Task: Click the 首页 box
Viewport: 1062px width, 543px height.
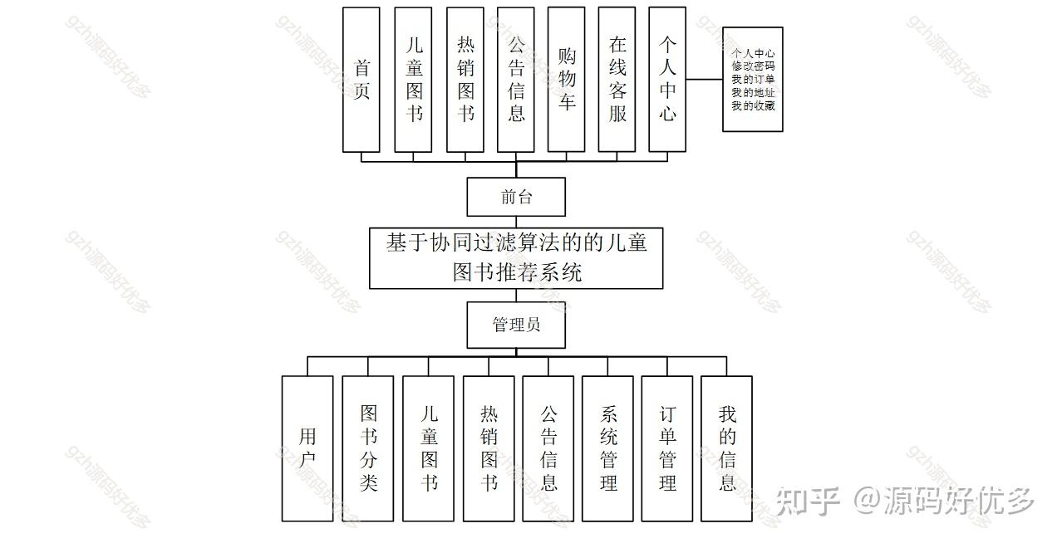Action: coord(361,80)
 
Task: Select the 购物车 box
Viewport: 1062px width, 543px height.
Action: coord(567,80)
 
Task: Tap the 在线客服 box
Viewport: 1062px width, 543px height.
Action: coord(617,80)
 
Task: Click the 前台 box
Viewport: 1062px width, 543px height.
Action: coord(516,198)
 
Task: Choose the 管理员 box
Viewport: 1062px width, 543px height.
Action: coord(516,325)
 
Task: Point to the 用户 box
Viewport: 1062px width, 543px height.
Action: coord(307,448)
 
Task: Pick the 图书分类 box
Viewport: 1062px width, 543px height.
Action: coord(368,448)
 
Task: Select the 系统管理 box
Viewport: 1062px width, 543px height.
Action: coord(608,448)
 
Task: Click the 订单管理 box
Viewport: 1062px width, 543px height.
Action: coord(667,448)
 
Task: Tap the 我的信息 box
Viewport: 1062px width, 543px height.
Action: coord(727,448)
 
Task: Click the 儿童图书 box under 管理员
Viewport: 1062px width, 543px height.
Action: coord(429,448)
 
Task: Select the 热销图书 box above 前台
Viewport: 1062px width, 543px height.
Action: coord(465,80)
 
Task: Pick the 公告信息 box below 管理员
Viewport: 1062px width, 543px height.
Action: coord(548,448)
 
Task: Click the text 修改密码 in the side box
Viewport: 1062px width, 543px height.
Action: coord(753,66)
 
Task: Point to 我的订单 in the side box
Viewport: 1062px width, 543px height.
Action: coord(753,80)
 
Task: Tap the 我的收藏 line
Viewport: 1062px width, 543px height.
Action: coord(753,105)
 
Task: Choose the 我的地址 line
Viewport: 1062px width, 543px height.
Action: coord(753,93)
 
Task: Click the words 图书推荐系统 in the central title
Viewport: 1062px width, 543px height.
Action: coord(517,272)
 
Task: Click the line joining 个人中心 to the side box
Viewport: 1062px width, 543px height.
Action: coord(704,80)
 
